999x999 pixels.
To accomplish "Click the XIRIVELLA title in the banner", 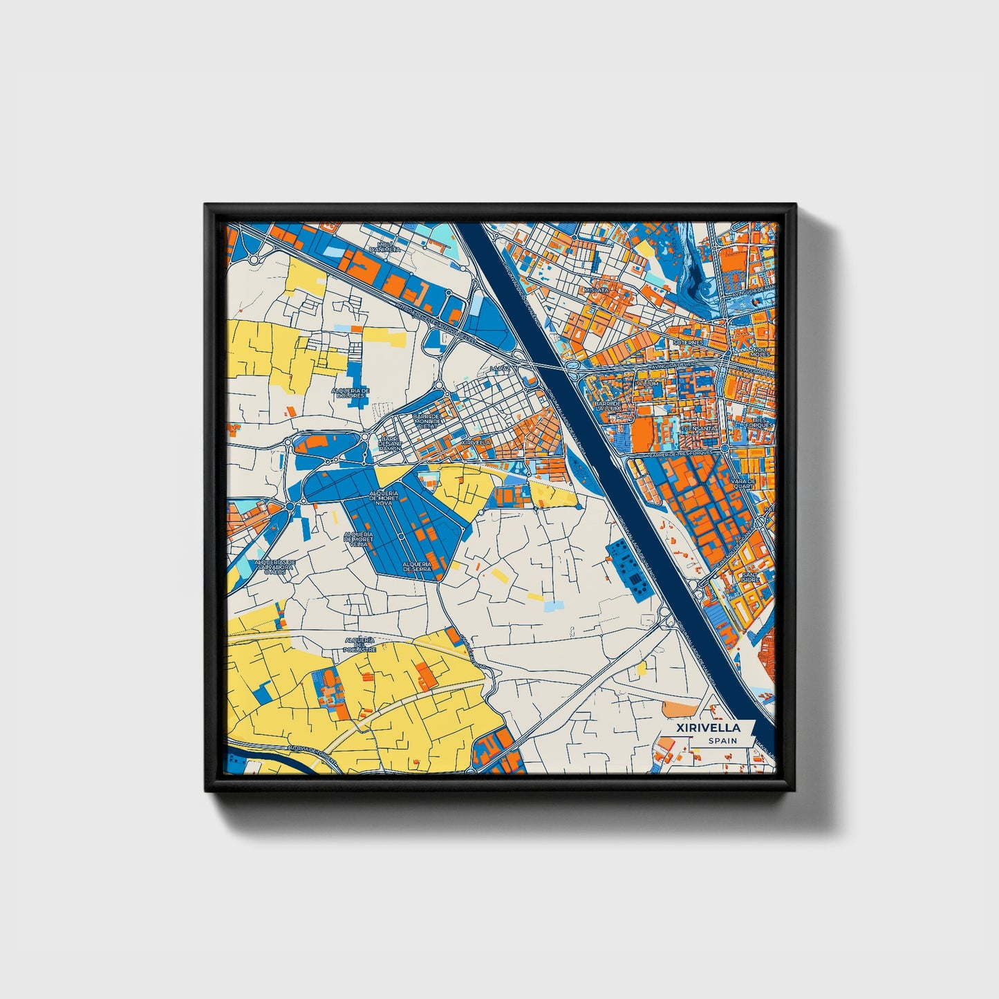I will click(709, 727).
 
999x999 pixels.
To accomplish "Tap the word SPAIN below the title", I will click(722, 741).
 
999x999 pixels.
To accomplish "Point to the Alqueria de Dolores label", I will click(351, 393).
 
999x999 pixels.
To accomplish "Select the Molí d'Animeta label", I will click(385, 247).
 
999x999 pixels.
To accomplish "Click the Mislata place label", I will click(595, 290).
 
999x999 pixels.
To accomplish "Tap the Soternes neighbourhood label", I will click(690, 342).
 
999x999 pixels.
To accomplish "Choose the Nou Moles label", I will click(759, 351).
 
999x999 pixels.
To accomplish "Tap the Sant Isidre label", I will click(750, 578).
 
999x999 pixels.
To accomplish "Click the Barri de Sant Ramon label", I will click(389, 443).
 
